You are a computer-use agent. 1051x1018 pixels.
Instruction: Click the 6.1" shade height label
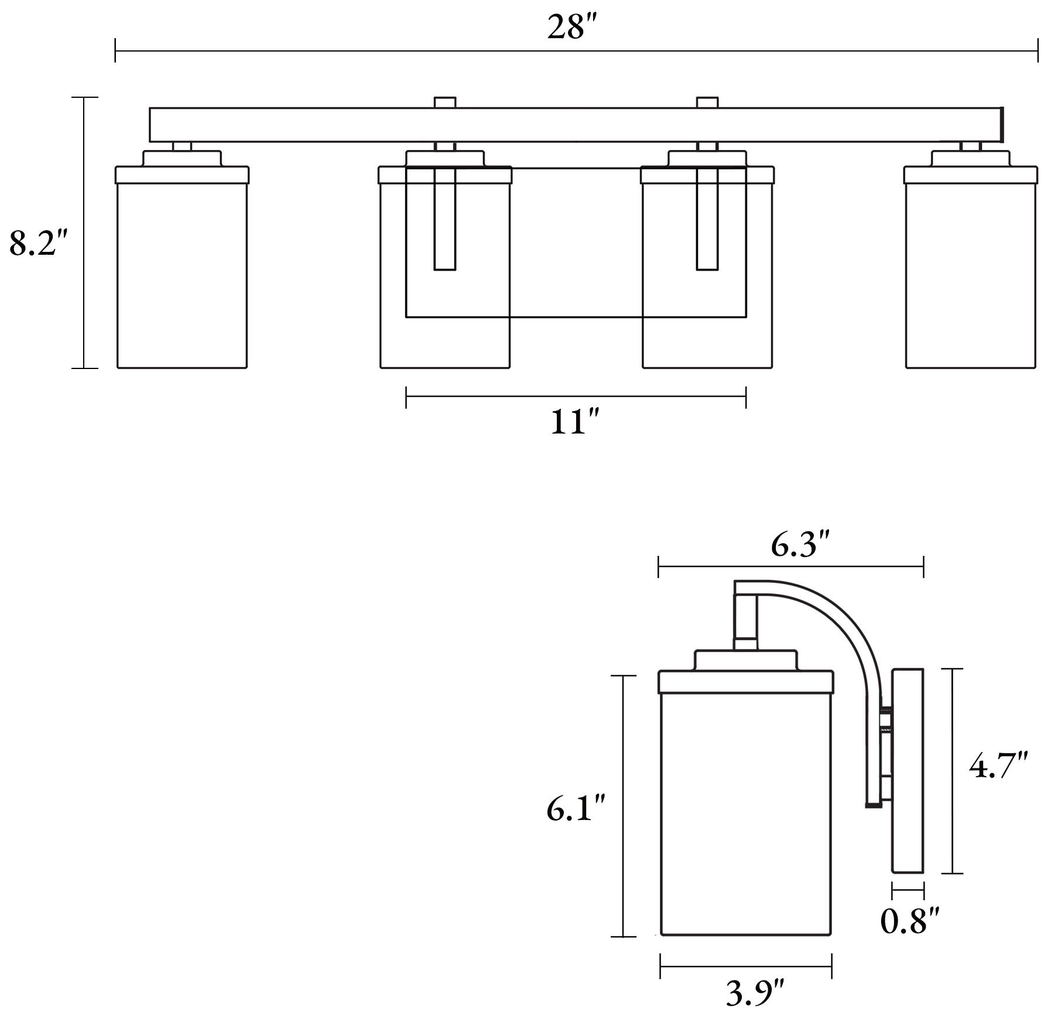click(x=575, y=809)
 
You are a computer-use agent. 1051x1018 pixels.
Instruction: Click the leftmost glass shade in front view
click(x=182, y=275)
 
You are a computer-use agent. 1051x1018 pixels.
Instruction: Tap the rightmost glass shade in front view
click(x=971, y=275)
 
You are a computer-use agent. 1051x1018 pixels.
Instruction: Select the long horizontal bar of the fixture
click(x=574, y=125)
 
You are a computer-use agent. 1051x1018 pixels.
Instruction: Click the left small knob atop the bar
click(x=445, y=103)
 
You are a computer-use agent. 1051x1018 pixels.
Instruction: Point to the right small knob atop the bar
click(x=707, y=103)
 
